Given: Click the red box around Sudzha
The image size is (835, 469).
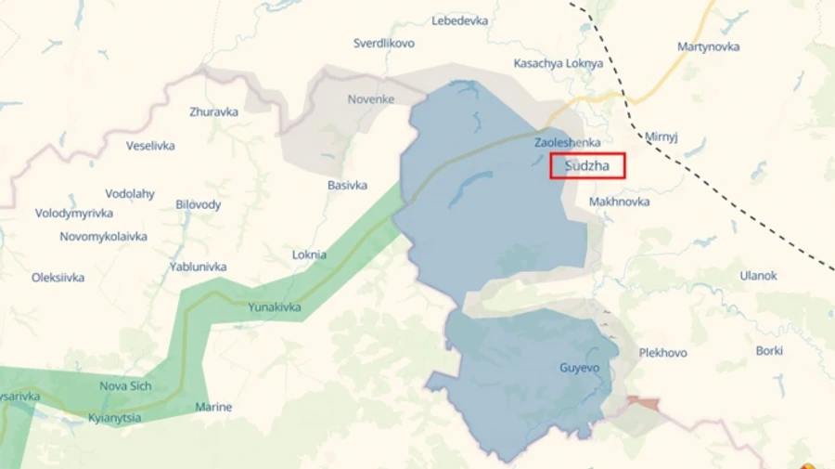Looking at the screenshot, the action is tap(587, 166).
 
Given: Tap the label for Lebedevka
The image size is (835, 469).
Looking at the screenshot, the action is tap(460, 20).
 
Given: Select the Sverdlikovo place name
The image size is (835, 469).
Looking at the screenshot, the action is tap(384, 43).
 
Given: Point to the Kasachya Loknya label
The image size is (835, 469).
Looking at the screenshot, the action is tap(559, 63).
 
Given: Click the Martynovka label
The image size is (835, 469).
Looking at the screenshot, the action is tap(709, 46).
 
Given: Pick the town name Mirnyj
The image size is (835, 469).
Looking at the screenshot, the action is tap(662, 136).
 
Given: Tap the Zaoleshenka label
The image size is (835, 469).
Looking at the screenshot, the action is tap(567, 142).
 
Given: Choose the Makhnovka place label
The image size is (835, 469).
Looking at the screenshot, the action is tap(619, 202).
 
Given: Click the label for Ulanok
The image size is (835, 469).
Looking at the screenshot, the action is tap(759, 276).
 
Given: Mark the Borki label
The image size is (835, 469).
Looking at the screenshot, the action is tap(769, 350).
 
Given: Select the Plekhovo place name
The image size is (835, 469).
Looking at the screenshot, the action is tap(663, 353).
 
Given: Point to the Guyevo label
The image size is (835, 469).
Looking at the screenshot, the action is tap(580, 368).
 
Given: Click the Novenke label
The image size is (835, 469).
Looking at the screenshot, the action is tap(371, 99).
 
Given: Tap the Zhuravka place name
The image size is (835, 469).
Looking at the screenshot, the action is tap(213, 111).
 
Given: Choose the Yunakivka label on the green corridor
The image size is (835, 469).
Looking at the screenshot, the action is tap(275, 307).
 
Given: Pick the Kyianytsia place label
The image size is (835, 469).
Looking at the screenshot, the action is tap(115, 418).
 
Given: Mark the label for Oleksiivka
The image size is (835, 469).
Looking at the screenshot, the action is tap(58, 277).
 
